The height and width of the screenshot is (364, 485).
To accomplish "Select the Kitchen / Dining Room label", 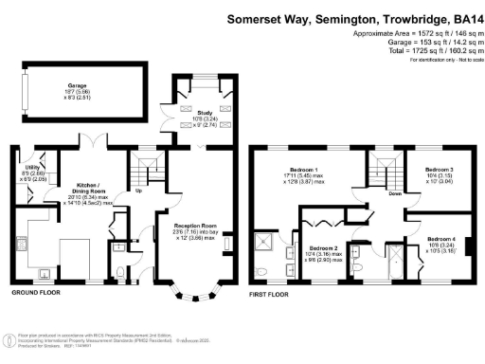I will point(82,187).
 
